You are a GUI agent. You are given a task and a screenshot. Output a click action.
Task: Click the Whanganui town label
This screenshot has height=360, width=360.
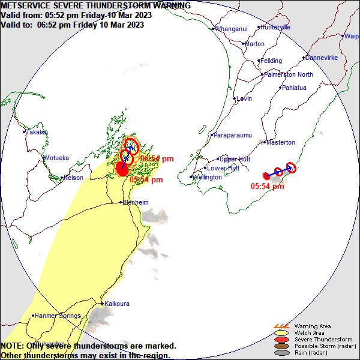coord(231,29)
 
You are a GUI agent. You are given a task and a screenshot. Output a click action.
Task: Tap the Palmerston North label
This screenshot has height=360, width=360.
coord(289,74)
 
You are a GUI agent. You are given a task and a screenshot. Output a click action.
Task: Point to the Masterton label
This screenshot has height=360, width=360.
coord(280,142)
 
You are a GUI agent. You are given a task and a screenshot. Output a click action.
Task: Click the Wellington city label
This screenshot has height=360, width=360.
coord(207,178)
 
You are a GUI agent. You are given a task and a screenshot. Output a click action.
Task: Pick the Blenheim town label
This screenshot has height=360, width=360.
coord(135,203)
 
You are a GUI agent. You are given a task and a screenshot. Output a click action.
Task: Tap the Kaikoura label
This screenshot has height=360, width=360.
coord(117,304)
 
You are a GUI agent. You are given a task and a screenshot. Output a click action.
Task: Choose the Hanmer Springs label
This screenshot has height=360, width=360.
coord(57,316)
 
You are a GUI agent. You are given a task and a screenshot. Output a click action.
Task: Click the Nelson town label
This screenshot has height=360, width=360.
coord(73,178)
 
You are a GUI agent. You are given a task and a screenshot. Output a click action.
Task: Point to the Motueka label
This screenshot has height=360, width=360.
coord(56,158)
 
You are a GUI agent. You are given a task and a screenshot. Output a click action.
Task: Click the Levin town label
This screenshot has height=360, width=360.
coord(244,98)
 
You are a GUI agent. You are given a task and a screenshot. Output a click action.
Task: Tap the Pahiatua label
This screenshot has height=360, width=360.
coord(294,88)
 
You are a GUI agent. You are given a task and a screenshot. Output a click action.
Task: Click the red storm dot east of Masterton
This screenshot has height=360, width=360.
coord(266,176)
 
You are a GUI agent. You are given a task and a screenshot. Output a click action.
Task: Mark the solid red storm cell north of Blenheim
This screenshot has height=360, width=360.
coord(122,170)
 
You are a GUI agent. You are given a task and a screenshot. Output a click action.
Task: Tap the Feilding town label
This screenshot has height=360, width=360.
coord(271,61)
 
